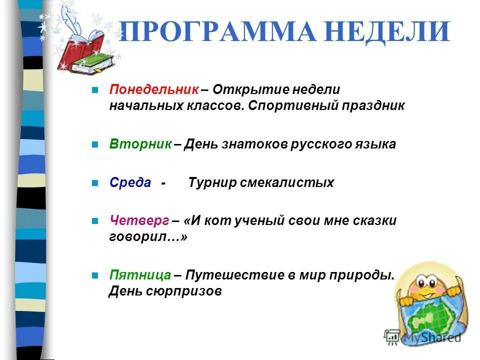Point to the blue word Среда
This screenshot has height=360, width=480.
[130, 182]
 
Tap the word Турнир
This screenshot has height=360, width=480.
[212, 182]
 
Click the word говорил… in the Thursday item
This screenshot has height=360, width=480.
[148, 237]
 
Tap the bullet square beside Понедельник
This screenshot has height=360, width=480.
[94, 90]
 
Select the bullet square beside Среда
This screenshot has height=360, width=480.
[94, 183]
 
